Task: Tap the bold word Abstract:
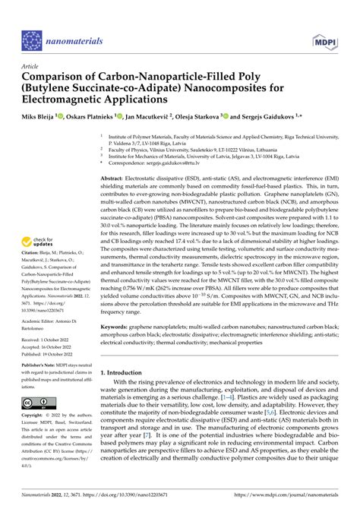tap(115, 173)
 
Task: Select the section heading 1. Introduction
tap(126, 373)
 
